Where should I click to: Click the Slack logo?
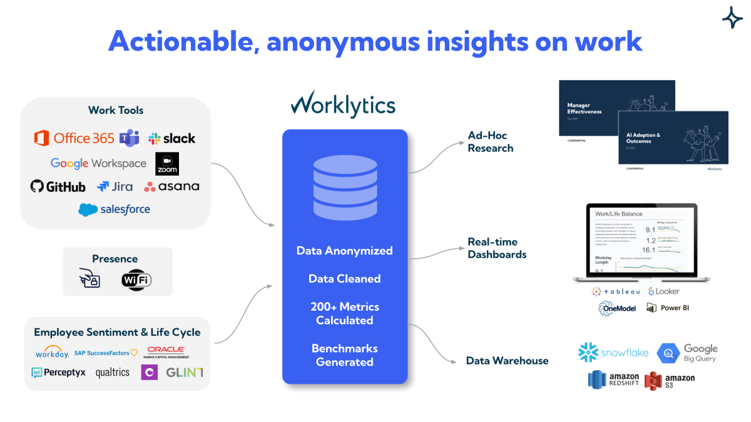(171, 138)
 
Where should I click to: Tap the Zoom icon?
(167, 164)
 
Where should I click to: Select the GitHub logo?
(58, 186)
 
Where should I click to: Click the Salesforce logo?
(115, 209)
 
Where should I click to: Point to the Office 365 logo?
(74, 138)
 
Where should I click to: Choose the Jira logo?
(114, 186)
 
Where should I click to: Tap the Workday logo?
(52, 353)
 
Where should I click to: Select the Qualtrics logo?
(113, 373)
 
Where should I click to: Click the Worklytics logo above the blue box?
(343, 104)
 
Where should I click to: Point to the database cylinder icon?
(344, 186)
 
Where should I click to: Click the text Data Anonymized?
(344, 251)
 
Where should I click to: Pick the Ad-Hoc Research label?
(491, 142)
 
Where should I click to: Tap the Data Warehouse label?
(507, 361)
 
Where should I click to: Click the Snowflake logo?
(613, 353)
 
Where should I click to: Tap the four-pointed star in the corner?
(732, 18)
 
